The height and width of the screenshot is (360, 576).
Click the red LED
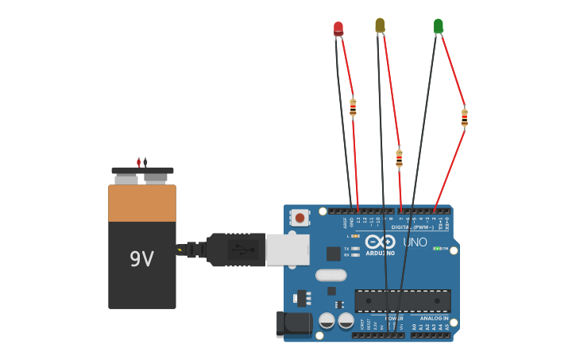pyautogui.click(x=338, y=29)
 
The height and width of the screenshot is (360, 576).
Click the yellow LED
pyautogui.click(x=380, y=25)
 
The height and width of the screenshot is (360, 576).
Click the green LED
pyautogui.click(x=439, y=26)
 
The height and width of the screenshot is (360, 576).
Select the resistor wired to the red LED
pyautogui.click(x=353, y=106)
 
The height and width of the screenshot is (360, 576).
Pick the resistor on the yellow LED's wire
pyautogui.click(x=399, y=158)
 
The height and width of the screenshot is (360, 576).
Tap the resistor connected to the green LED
pyautogui.click(x=465, y=118)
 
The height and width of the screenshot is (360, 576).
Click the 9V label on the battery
pyautogui.click(x=141, y=259)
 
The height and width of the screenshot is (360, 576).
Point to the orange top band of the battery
pyautogui.click(x=142, y=203)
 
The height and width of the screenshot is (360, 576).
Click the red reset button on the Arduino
pyautogui.click(x=300, y=217)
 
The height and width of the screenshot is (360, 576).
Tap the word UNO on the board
pyautogui.click(x=416, y=242)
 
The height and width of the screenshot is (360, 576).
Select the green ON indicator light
pyautogui.click(x=436, y=249)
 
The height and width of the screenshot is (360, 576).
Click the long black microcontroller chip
pyautogui.click(x=403, y=301)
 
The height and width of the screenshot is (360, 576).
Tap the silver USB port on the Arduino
pyautogui.click(x=287, y=250)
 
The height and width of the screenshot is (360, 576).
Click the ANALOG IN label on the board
pyautogui.click(x=434, y=318)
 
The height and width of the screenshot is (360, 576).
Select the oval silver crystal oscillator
pyautogui.click(x=331, y=275)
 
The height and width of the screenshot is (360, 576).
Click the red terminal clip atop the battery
pyautogui.click(x=138, y=162)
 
